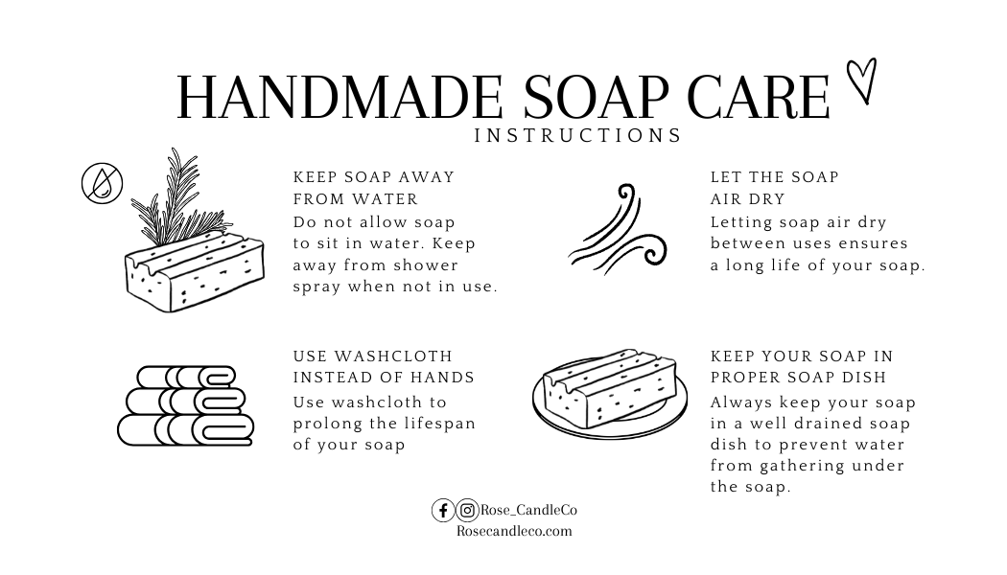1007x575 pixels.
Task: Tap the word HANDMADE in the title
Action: point(340,97)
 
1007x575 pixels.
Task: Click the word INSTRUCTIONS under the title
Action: point(578,135)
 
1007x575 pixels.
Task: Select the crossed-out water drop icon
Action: point(102,184)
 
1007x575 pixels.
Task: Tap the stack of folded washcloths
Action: point(186,405)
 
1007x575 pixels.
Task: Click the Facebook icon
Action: point(443,510)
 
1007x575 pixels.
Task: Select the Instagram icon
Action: point(468,510)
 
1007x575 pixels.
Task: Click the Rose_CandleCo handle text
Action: point(528,510)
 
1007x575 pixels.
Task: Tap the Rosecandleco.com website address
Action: point(514,531)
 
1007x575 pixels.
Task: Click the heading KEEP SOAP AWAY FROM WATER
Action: point(374,188)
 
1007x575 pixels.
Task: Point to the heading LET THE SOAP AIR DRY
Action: point(775,188)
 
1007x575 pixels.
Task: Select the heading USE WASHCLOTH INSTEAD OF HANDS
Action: point(384,366)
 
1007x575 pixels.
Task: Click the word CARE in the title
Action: point(760,97)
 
